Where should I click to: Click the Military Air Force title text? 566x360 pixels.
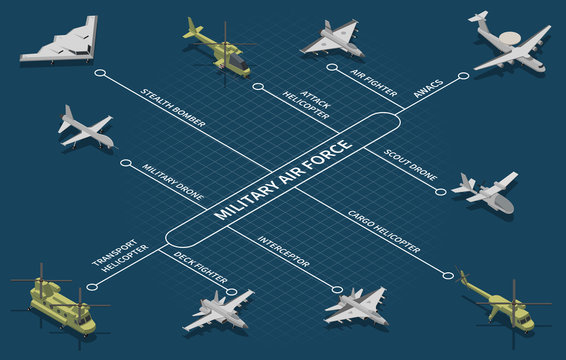tap(283, 181)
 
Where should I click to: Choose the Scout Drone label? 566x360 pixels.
tap(410, 165)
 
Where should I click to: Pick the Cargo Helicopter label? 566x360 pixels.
tap(383, 230)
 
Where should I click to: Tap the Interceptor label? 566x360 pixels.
tap(283, 250)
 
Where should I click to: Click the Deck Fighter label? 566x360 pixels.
tap(201, 267)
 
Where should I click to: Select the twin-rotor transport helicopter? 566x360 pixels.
tap(60, 302)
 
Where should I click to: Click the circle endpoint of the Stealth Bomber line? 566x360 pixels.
tap(99, 72)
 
